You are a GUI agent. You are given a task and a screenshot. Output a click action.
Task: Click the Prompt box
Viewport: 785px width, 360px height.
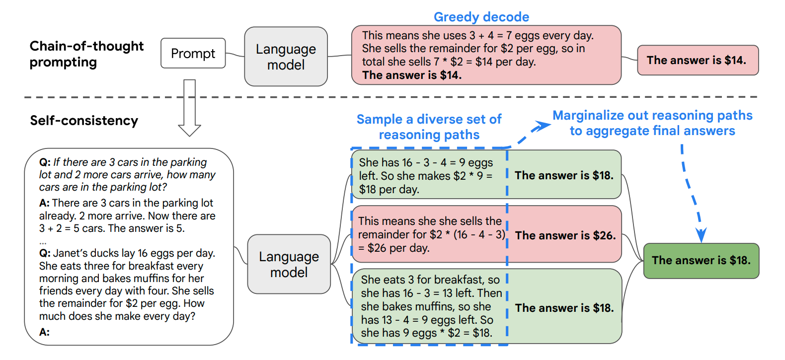193,53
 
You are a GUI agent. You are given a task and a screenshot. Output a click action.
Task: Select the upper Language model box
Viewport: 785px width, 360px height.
286,57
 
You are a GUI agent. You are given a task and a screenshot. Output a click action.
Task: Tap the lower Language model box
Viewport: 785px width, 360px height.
289,264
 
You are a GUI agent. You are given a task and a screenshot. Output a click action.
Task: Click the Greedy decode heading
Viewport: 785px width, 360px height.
481,17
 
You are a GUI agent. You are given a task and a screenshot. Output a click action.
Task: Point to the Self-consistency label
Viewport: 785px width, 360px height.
84,121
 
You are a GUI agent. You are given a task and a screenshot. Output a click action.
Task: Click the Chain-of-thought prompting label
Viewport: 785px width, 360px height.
86,54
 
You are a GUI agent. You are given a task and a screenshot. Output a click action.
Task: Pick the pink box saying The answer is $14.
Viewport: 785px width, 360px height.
698,60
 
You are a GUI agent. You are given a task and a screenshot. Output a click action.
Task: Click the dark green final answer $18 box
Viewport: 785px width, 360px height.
701,261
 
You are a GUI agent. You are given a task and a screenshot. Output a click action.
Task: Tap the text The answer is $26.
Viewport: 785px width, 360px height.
565,235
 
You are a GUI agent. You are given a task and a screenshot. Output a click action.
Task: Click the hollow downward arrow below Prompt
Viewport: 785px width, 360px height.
190,108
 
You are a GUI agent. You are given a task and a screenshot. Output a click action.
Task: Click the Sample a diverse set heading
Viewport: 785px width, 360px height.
429,127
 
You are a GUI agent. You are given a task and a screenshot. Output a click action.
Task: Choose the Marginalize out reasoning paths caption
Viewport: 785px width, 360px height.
652,123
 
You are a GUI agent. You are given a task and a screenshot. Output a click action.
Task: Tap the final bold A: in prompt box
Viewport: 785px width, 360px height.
44,332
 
